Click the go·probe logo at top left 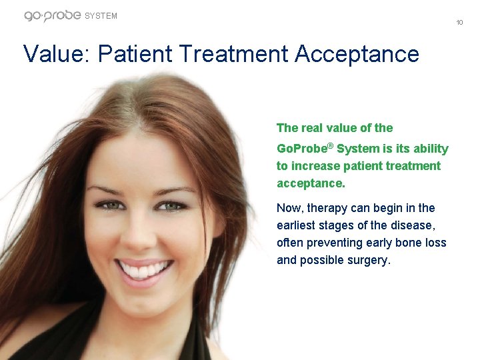[52, 15]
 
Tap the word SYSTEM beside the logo [101, 16]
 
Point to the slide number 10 [460, 23]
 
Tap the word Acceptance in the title [357, 54]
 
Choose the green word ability [428, 149]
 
